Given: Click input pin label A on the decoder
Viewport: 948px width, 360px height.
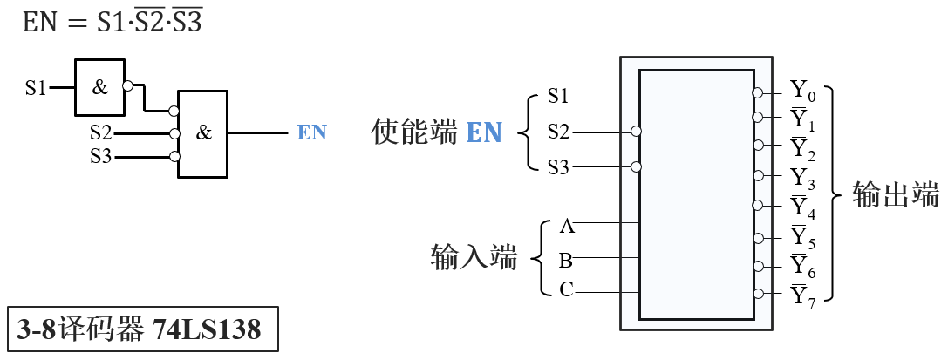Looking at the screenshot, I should [x=566, y=228].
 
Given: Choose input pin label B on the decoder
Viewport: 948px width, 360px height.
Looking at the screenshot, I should [x=566, y=261].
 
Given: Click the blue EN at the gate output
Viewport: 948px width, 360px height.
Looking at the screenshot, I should [x=311, y=133].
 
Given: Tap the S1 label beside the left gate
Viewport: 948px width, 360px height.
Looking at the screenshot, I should [x=36, y=87].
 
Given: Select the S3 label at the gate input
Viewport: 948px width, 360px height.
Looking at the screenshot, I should [x=101, y=157].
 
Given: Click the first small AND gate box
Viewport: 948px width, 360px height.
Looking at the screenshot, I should [x=99, y=87].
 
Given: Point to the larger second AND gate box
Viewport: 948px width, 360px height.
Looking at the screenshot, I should [x=202, y=133].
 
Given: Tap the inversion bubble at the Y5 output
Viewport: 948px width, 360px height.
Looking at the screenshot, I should [x=758, y=236].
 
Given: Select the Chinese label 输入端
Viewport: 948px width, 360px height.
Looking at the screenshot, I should [x=474, y=258].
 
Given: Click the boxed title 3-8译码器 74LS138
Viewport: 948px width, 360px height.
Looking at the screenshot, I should [x=141, y=329].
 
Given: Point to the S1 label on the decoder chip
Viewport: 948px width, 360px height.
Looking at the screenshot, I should [x=558, y=95].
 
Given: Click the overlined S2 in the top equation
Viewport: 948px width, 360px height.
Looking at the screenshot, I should [x=152, y=24].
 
